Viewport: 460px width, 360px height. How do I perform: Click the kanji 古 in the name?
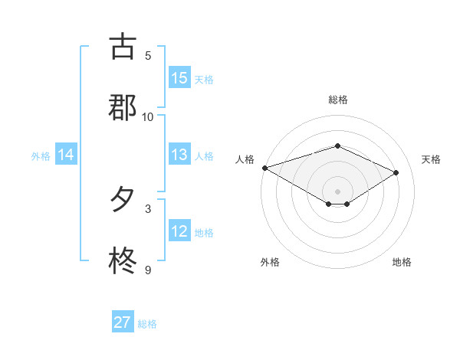tap(123, 47)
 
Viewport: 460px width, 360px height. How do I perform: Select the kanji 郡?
tap(123, 108)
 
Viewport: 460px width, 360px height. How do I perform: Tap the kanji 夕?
tap(123, 200)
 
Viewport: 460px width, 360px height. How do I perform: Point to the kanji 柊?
tap(123, 261)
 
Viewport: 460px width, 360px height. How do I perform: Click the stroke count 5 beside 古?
tap(148, 55)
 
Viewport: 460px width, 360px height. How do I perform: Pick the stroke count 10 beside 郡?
tap(148, 116)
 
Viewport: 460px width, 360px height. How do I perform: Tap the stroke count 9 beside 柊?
tap(148, 270)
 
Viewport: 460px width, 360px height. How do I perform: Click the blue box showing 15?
tap(179, 78)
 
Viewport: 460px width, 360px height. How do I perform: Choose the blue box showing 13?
tap(179, 155)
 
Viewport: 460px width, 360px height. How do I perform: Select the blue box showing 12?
tap(179, 231)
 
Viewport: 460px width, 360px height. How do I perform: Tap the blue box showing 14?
tap(66, 155)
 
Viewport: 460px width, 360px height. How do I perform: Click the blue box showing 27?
tap(123, 322)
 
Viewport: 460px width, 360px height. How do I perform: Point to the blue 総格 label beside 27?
tap(147, 324)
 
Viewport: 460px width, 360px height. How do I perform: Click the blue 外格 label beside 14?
tap(41, 156)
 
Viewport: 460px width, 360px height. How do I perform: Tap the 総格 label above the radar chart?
tap(337, 100)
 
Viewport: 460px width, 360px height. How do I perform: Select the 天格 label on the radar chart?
tap(431, 159)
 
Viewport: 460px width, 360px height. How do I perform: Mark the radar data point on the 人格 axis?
tap(264, 168)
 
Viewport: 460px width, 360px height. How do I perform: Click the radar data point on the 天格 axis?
tap(396, 172)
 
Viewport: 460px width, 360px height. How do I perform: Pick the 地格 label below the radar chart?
tap(402, 262)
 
